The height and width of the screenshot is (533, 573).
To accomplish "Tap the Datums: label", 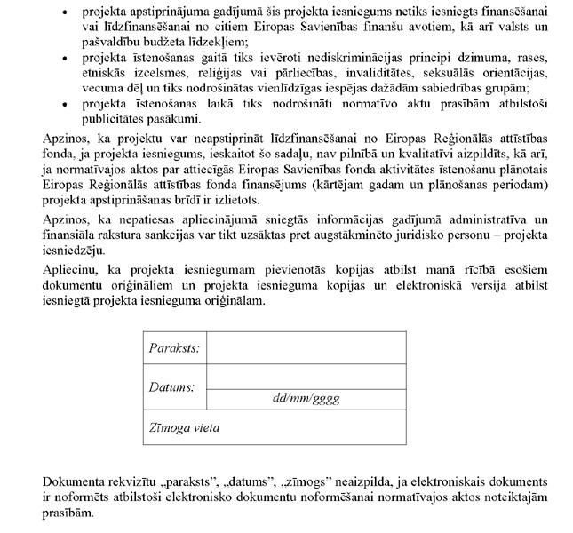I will pos(171,387).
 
